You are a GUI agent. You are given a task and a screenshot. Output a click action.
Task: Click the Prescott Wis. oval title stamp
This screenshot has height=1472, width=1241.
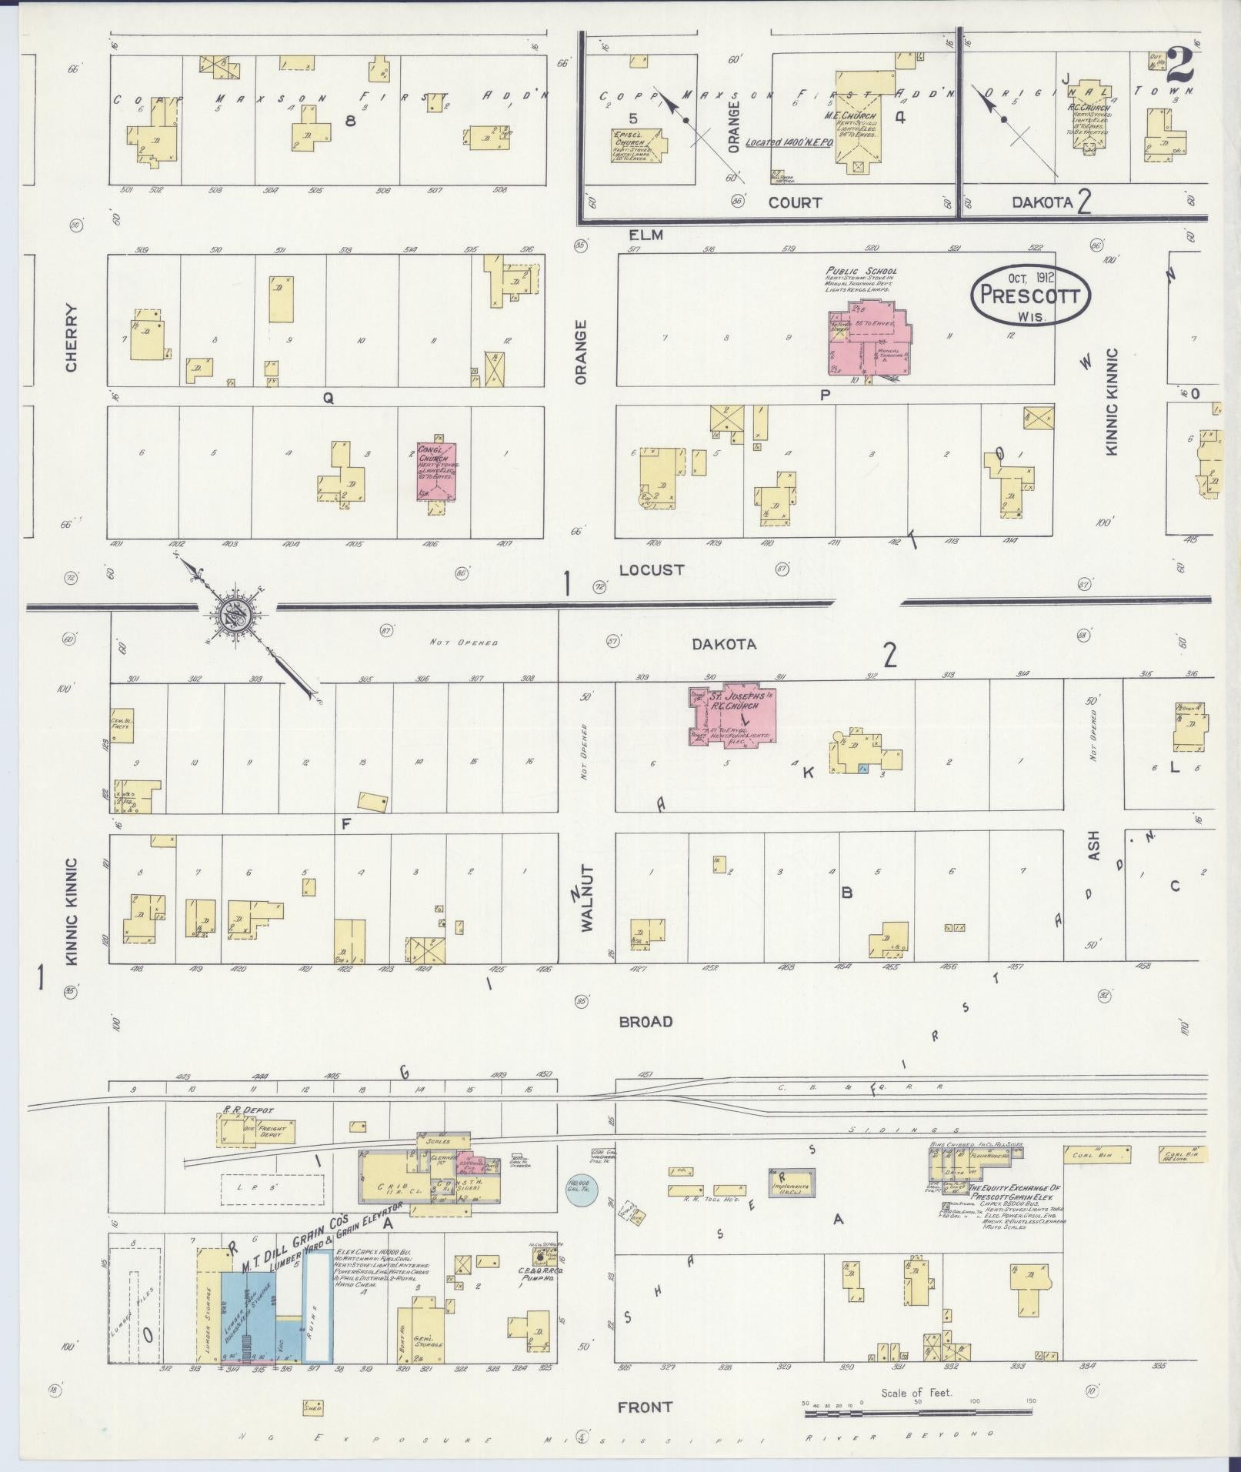coord(1029,295)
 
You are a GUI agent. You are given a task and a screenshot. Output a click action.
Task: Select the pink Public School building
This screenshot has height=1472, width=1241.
coord(868,339)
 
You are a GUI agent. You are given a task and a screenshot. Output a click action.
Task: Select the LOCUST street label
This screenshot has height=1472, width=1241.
coord(651,569)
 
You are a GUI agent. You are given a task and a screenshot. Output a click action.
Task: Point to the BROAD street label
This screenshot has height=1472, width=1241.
coord(646,1021)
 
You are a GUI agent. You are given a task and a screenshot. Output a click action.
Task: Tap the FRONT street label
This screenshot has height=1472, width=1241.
coord(645,1407)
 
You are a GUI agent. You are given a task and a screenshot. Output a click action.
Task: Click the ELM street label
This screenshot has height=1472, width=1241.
coord(646,235)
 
